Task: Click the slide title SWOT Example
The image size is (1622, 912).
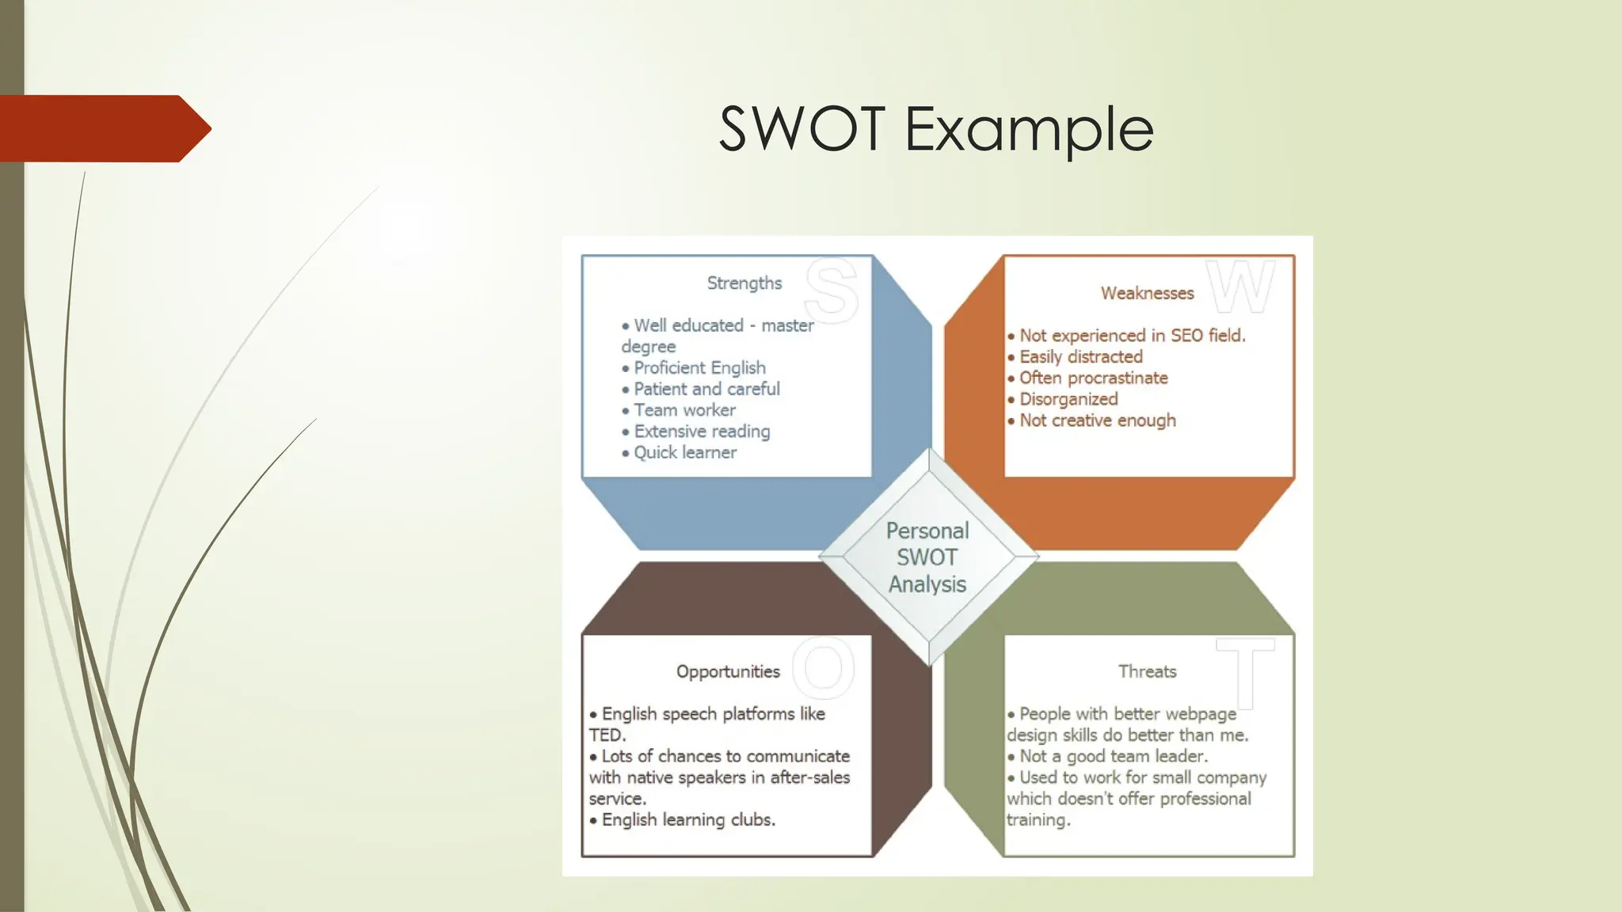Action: pyautogui.click(x=935, y=129)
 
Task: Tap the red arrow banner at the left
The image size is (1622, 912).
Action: pyautogui.click(x=103, y=128)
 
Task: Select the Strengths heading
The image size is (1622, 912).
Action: pyautogui.click(x=744, y=283)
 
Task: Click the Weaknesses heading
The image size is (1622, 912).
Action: pyautogui.click(x=1147, y=294)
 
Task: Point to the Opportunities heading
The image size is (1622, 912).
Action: pyautogui.click(x=728, y=672)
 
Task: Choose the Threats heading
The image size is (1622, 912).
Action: pyautogui.click(x=1147, y=672)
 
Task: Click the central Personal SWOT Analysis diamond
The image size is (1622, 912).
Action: pyautogui.click(x=927, y=557)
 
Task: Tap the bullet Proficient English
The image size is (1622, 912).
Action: pyautogui.click(x=699, y=368)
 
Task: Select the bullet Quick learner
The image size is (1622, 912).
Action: pyautogui.click(x=685, y=453)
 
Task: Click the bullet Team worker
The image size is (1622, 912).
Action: pyautogui.click(x=684, y=410)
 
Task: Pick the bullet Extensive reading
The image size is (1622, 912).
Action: pyautogui.click(x=702, y=431)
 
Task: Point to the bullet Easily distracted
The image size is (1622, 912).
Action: pyautogui.click(x=1080, y=357)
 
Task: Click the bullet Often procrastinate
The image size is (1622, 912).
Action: pyautogui.click(x=1093, y=378)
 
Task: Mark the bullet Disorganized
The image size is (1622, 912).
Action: pyautogui.click(x=1068, y=400)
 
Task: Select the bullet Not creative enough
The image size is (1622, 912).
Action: pyautogui.click(x=1097, y=421)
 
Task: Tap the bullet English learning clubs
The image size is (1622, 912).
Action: pyautogui.click(x=687, y=820)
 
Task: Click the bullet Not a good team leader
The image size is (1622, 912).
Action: pyautogui.click(x=1113, y=757)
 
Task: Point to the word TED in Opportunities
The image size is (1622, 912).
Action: pyautogui.click(x=606, y=735)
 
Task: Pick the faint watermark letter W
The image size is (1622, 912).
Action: pyautogui.click(x=1241, y=287)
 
